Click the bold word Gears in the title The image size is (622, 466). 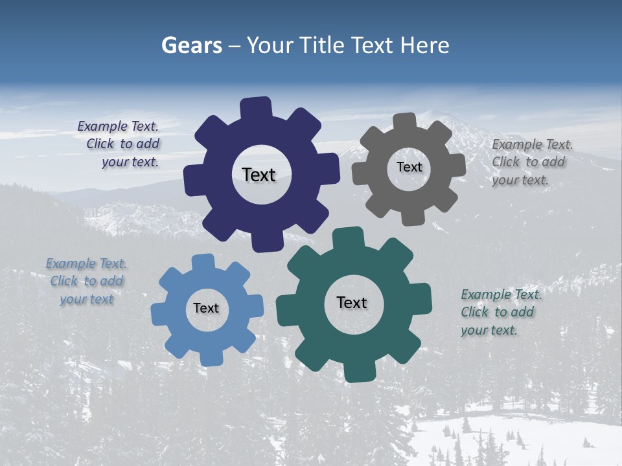191,45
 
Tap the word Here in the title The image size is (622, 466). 424,45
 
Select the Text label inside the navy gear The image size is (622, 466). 259,175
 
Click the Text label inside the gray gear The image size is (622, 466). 409,167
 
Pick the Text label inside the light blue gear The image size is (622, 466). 206,308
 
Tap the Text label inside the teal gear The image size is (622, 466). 352,302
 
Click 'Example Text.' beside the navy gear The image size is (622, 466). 118,126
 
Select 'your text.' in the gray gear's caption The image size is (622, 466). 520,180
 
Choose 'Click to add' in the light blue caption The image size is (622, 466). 87,281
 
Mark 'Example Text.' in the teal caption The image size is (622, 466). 501,294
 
